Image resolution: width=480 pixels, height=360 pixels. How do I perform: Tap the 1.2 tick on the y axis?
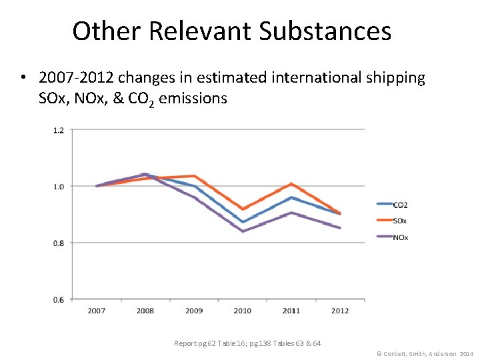(x=59, y=130)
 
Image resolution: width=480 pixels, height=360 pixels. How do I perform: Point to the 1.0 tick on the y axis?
(x=59, y=187)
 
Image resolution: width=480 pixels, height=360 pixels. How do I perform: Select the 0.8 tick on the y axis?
(x=59, y=243)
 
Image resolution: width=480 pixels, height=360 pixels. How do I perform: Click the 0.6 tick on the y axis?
(x=59, y=299)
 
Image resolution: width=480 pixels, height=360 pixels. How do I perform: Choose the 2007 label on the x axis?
(x=97, y=311)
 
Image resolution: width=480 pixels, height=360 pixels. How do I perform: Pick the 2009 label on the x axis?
(x=194, y=311)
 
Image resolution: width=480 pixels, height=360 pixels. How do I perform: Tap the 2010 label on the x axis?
(x=243, y=311)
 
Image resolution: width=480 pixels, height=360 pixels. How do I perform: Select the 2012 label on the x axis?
(x=340, y=311)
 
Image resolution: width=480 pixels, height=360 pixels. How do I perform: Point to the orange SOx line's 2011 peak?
(x=291, y=184)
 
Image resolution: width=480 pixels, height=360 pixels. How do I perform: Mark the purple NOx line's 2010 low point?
(x=243, y=231)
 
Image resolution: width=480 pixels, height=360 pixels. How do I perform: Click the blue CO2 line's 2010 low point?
(x=243, y=222)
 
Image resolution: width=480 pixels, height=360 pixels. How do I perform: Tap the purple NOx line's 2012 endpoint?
(x=340, y=228)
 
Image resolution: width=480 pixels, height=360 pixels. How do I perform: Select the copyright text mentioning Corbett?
(x=425, y=353)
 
